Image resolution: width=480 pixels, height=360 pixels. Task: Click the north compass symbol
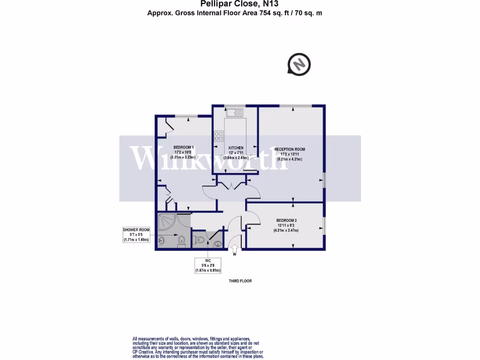point(300,64)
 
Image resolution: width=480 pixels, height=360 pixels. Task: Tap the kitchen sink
point(234,112)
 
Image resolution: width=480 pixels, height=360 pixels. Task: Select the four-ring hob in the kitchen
point(218,136)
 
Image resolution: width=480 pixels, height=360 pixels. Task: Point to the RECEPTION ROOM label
point(289,149)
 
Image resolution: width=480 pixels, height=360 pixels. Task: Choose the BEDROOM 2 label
point(286,220)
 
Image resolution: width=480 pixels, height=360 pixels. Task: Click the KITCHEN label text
point(236,148)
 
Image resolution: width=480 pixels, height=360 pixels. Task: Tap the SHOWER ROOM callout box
point(136,234)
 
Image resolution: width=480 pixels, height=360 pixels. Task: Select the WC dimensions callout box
point(208,266)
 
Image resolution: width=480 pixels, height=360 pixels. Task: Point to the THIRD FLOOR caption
point(240,281)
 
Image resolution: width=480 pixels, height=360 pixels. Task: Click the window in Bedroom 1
point(186,116)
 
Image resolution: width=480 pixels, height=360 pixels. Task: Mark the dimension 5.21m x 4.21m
point(290,159)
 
